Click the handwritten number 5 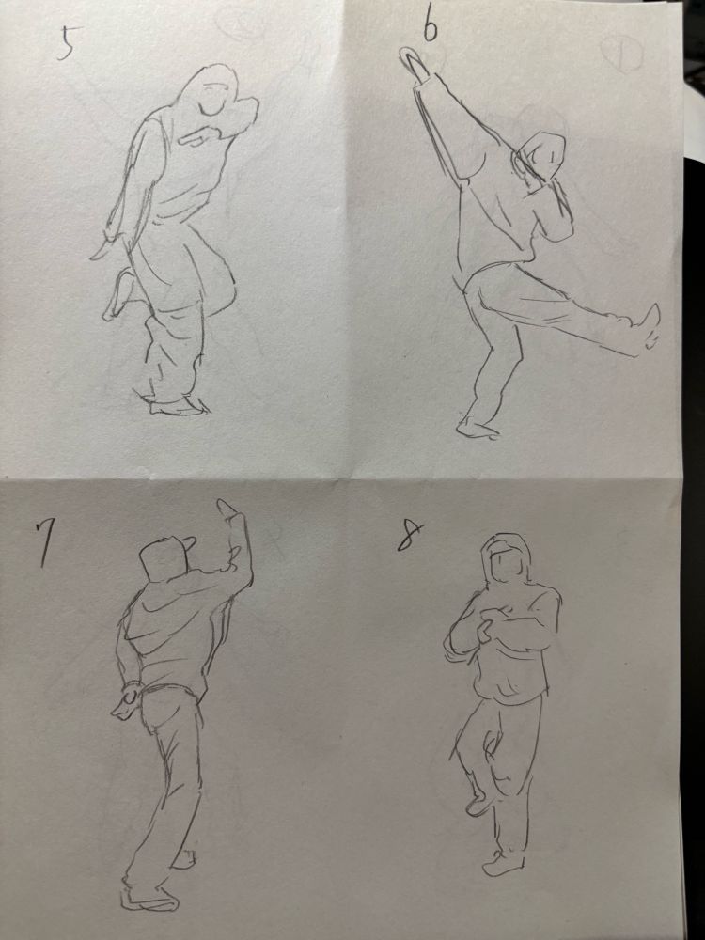coord(66,44)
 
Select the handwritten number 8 coord(410,536)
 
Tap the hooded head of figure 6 coord(542,156)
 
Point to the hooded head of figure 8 coord(508,559)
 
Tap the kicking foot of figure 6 coord(650,327)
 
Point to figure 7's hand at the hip coord(126,701)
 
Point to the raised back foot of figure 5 coord(120,293)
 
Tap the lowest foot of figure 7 coord(149,899)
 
